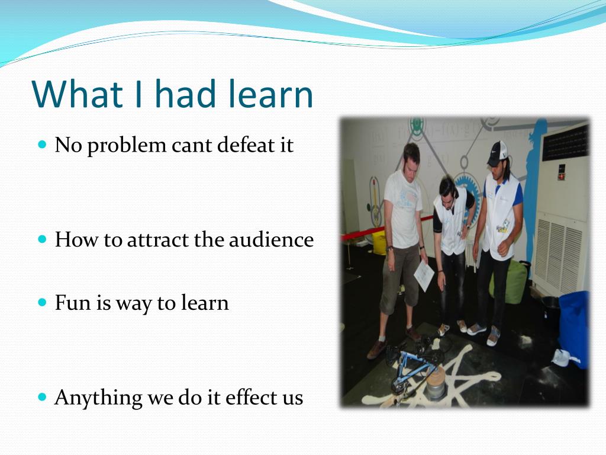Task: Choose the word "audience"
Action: click(271, 239)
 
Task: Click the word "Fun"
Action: click(73, 303)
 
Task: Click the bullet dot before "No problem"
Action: click(42, 145)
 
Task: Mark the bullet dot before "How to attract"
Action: click(42, 239)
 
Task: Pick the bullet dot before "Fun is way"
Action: click(42, 302)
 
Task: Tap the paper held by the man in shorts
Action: click(424, 276)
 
